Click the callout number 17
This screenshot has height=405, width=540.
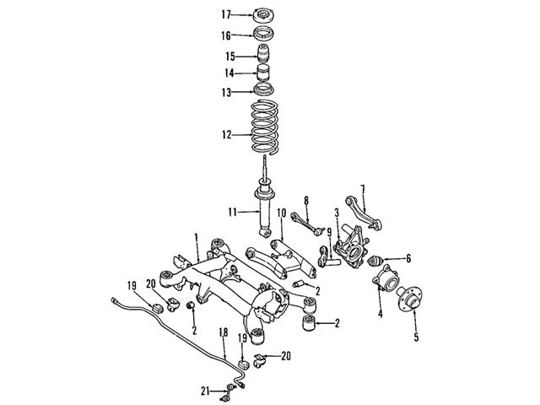coord(225,14)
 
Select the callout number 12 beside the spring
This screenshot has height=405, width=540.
coord(225,133)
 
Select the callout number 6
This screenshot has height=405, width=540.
coord(408,258)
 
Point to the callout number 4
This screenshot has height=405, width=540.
coord(379,314)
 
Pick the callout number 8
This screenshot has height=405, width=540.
coord(305,200)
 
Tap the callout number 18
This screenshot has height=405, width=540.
coord(223,332)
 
